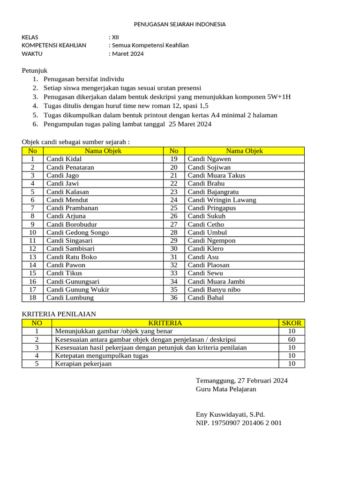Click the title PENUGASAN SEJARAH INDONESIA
coord(180,24)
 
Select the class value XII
coord(114,37)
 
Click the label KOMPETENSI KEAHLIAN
coord(54,45)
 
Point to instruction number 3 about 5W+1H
coord(167,97)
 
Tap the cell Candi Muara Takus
coord(216,175)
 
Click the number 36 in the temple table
coord(174,298)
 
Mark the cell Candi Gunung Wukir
coord(78,290)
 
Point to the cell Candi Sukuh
coord(206,216)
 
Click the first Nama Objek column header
coord(103,151)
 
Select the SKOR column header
coord(292,323)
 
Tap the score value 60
coord(292,339)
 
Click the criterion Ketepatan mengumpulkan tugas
coord(102,356)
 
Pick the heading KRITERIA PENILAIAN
coord(59,314)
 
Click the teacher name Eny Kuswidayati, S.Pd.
coord(230,414)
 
